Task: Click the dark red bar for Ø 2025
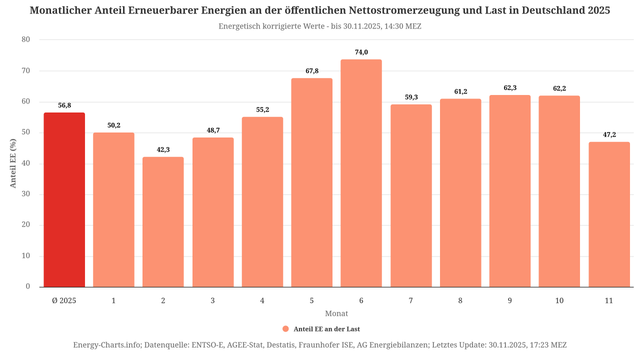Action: point(64,200)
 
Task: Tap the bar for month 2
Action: point(163,222)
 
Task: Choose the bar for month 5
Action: point(312,183)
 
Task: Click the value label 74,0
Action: point(361,52)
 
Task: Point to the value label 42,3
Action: point(163,149)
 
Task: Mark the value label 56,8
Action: point(64,105)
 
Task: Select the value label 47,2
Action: point(609,134)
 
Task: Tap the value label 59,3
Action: point(411,97)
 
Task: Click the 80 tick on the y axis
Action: point(26,40)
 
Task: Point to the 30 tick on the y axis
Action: point(26,194)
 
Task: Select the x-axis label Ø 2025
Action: point(64,300)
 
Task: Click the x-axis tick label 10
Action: point(559,300)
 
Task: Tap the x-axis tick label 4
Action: point(262,300)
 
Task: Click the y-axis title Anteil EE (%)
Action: point(12,163)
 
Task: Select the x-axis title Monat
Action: point(336,313)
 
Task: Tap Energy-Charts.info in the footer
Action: point(112,346)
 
